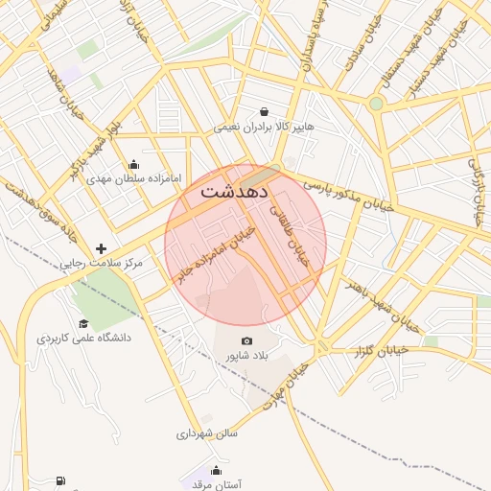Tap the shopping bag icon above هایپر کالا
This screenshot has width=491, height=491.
click(264, 111)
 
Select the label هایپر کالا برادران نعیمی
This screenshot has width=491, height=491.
click(264, 127)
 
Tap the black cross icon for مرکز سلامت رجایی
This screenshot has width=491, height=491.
click(101, 248)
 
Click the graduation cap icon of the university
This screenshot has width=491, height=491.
click(83, 323)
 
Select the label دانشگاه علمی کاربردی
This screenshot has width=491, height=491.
click(83, 339)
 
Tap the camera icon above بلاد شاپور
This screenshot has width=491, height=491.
click(247, 341)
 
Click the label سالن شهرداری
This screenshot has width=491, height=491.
click(206, 433)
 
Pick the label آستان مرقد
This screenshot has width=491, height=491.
click(217, 484)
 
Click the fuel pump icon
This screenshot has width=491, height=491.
click(62, 480)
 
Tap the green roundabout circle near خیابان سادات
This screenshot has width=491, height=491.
click(376, 104)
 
